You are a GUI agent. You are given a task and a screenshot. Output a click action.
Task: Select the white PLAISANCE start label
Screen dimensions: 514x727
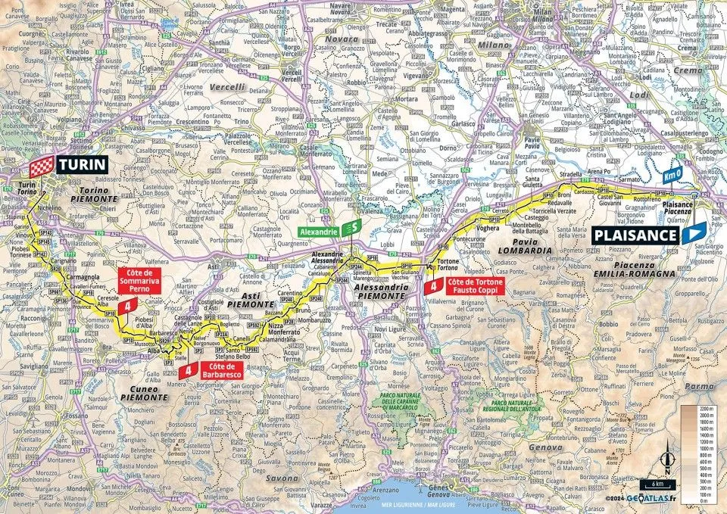(x=634, y=234)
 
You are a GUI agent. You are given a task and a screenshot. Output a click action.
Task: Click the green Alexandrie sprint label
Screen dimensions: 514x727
(x=317, y=228)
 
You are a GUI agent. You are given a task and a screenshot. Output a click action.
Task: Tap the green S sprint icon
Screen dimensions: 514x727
(x=351, y=228)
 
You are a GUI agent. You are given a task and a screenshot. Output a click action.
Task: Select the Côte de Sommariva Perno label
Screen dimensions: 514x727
(x=142, y=279)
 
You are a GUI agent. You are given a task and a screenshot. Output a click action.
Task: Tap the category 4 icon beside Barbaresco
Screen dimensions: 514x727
(x=186, y=370)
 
